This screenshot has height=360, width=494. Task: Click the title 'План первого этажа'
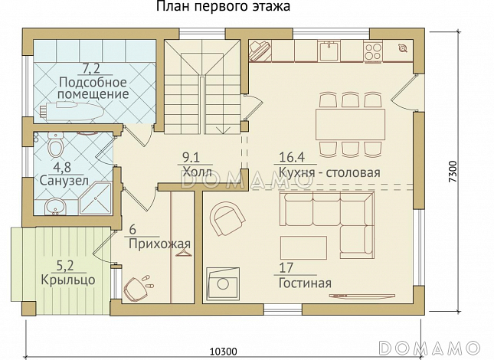click(x=223, y=8)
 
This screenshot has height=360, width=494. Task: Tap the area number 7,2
click(x=93, y=70)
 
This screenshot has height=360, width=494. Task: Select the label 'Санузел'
click(x=64, y=181)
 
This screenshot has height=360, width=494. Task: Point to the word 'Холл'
click(x=195, y=172)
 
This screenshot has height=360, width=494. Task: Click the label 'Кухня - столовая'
click(x=329, y=172)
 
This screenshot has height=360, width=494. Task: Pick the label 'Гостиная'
click(x=305, y=283)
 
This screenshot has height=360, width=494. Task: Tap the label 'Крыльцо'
click(x=68, y=280)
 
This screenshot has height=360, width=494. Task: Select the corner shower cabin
click(x=95, y=201)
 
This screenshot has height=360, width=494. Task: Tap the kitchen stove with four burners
click(x=374, y=51)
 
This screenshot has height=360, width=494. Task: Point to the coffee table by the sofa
click(x=303, y=247)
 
